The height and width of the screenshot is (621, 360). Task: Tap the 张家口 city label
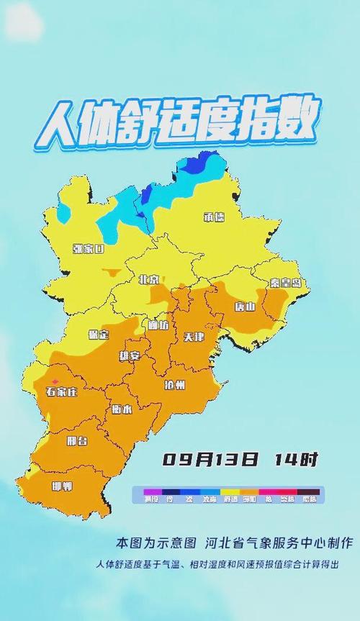click(88, 249)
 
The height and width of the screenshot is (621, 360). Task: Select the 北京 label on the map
click(148, 279)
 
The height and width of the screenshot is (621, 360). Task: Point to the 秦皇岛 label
click(284, 283)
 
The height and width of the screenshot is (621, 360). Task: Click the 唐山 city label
click(245, 307)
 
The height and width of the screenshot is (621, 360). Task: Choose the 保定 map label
click(98, 335)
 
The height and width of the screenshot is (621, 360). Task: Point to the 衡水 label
click(122, 409)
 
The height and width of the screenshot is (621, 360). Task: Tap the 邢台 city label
click(76, 440)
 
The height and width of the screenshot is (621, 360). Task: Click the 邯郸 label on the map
click(62, 486)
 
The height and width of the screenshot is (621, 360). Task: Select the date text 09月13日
click(210, 459)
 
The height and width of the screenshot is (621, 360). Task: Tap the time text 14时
click(295, 459)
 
